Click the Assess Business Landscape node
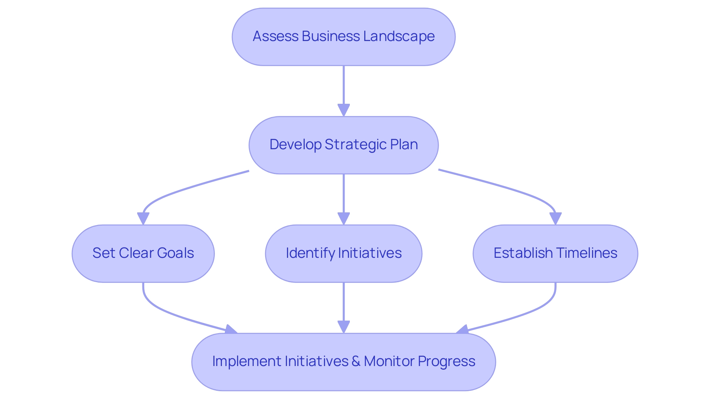click(x=344, y=37)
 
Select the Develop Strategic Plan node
click(x=344, y=145)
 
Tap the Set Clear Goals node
click(x=143, y=254)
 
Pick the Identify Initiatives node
click(x=344, y=254)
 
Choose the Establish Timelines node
click(x=555, y=254)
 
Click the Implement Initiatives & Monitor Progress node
click(x=344, y=362)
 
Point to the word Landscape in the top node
click(x=399, y=37)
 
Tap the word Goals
click(x=175, y=253)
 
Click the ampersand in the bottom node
click(x=356, y=362)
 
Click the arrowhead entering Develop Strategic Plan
click(x=344, y=110)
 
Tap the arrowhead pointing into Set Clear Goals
click(x=143, y=219)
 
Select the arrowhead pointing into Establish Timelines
click(x=555, y=219)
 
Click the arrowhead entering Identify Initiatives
click(x=344, y=219)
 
